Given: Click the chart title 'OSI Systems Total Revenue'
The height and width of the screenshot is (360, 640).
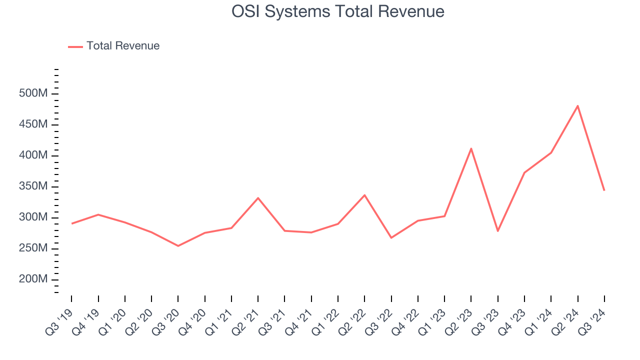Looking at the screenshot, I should click(337, 11).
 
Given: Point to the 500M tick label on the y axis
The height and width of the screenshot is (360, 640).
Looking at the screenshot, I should click(33, 93).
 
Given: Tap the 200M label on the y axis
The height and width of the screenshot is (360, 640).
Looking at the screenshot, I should click(33, 279).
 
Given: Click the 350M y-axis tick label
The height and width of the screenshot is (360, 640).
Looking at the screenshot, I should click(33, 186).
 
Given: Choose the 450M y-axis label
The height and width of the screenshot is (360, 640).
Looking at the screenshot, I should click(33, 124).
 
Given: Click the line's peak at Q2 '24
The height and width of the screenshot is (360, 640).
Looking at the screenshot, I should click(577, 105).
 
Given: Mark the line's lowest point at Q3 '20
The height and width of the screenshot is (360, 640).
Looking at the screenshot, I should click(178, 246).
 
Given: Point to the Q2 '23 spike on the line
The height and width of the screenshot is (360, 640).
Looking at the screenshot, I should click(471, 148).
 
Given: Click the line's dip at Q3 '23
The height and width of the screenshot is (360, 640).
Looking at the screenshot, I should click(497, 231).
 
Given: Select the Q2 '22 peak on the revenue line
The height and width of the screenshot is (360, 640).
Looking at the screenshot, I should click(364, 195).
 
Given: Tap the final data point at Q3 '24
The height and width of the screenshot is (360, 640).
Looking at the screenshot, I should click(604, 190).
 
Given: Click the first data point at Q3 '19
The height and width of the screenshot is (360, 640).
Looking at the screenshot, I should click(71, 223).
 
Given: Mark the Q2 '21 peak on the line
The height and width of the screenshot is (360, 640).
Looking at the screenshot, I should click(258, 198).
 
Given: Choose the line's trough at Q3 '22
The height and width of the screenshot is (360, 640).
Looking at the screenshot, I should click(391, 237).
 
